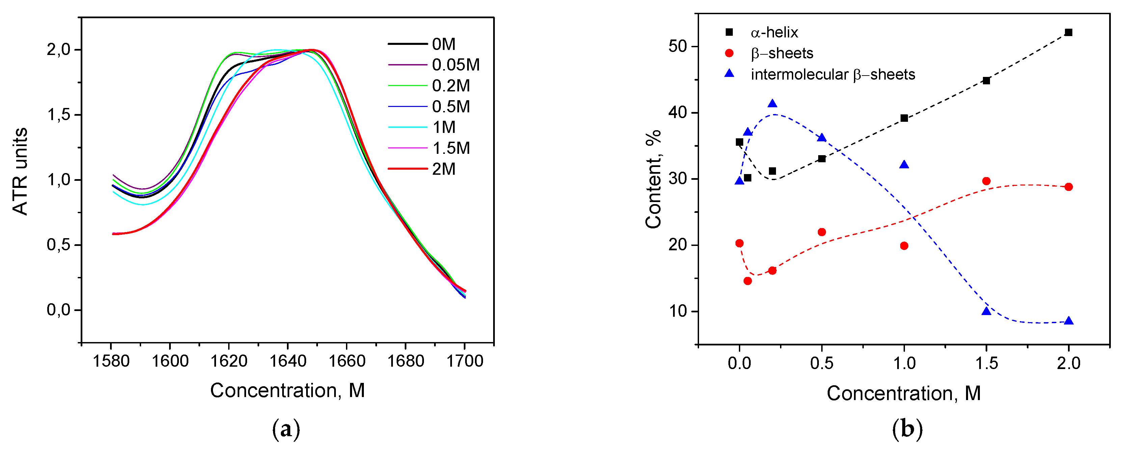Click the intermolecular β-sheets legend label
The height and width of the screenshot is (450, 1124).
(832, 75)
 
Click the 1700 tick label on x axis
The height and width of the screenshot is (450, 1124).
(465, 361)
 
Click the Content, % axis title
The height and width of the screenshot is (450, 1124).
(653, 179)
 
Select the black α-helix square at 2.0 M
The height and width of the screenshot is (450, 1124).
(1069, 33)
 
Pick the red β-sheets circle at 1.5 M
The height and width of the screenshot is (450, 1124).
(986, 181)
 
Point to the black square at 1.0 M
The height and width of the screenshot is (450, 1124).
(904, 118)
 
